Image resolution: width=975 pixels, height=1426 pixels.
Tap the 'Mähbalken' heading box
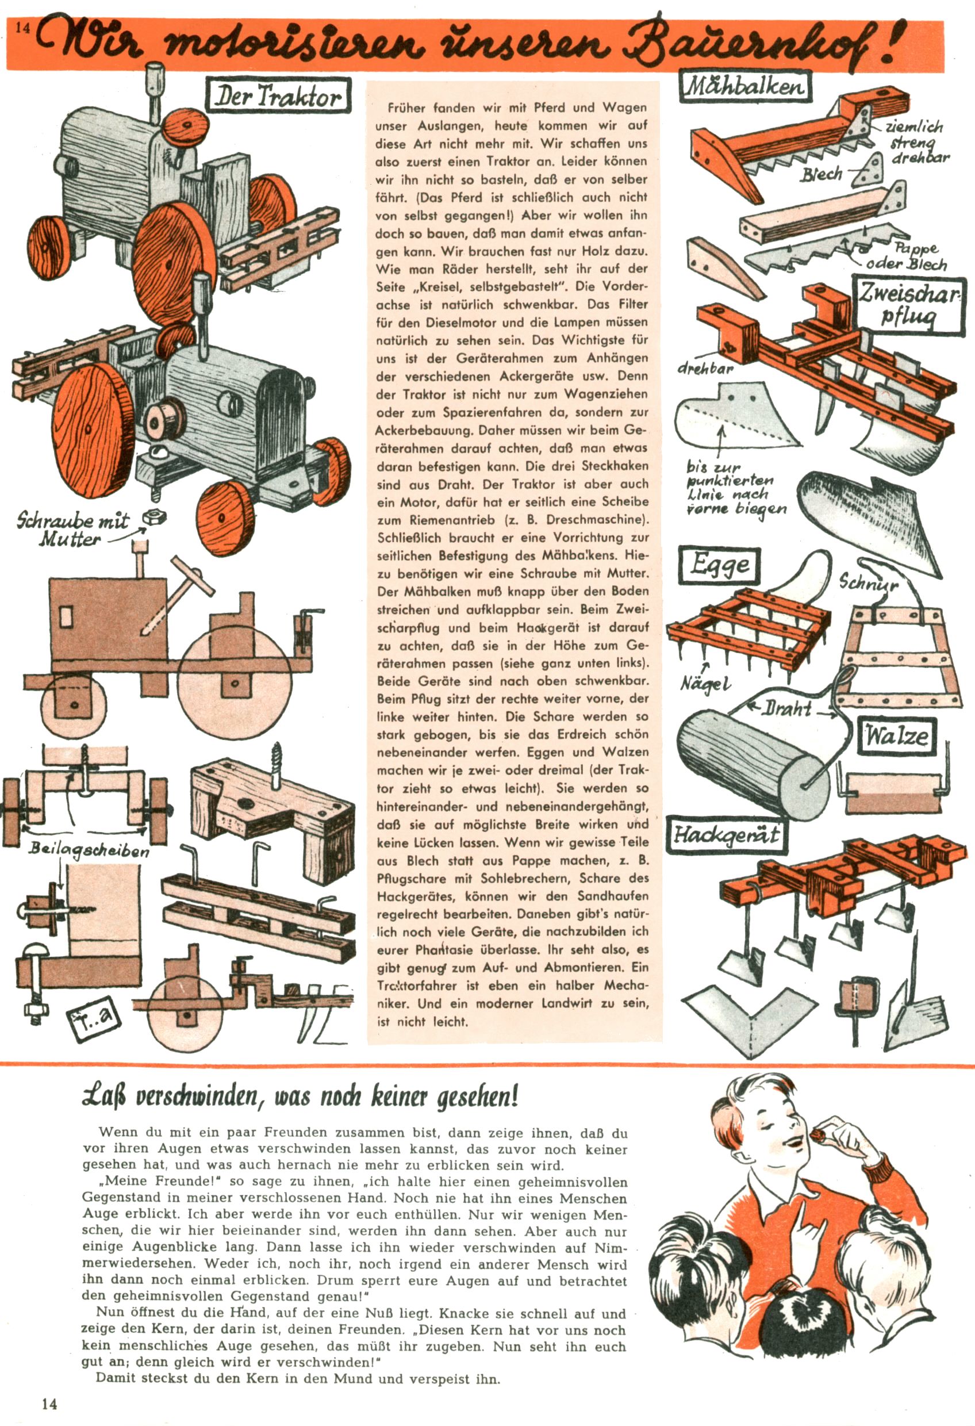click(x=746, y=85)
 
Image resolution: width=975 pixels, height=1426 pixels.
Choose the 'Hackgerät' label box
click(x=726, y=835)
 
